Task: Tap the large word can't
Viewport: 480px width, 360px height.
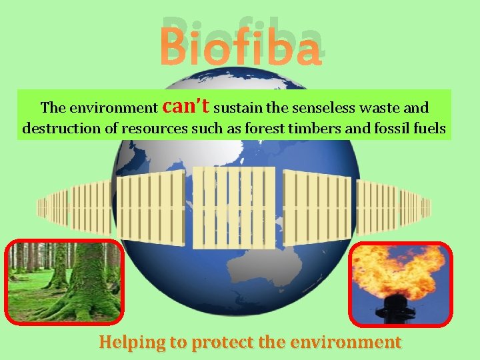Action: [x=186, y=105]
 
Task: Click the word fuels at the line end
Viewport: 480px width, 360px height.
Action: [x=430, y=128]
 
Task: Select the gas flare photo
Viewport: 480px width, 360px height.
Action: [x=401, y=284]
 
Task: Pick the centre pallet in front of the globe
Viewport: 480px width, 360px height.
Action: [x=233, y=207]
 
